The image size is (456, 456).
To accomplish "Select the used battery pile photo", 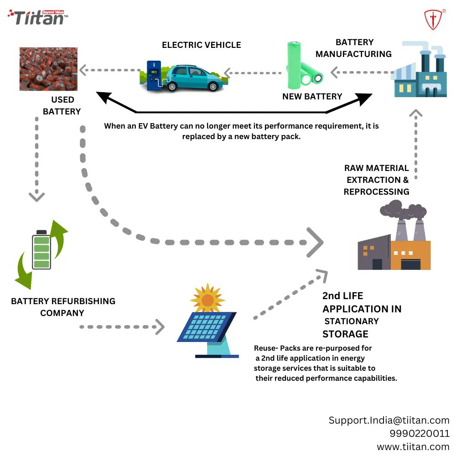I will pyautogui.click(x=48, y=69).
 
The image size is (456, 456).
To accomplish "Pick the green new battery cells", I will pyautogui.click(x=303, y=66).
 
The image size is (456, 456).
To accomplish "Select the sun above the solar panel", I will pyautogui.click(x=207, y=299).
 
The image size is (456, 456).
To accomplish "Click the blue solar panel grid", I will pyautogui.click(x=207, y=326).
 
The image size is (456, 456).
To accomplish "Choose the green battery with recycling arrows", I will pyautogui.click(x=41, y=254).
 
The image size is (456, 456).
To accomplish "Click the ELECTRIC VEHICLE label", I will pyautogui.click(x=201, y=45).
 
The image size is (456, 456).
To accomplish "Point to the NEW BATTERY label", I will pyautogui.click(x=312, y=97).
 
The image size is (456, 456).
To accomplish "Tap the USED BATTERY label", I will pyautogui.click(x=62, y=105).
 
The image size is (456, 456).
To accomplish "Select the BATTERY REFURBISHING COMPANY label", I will pyautogui.click(x=63, y=307).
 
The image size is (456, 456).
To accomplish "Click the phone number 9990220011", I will pyautogui.click(x=419, y=433).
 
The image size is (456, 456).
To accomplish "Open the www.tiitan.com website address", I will pyautogui.click(x=413, y=446).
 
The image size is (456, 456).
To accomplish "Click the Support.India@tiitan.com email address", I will pyautogui.click(x=389, y=420).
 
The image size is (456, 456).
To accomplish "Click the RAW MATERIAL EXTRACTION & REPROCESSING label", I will pyautogui.click(x=376, y=180).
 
